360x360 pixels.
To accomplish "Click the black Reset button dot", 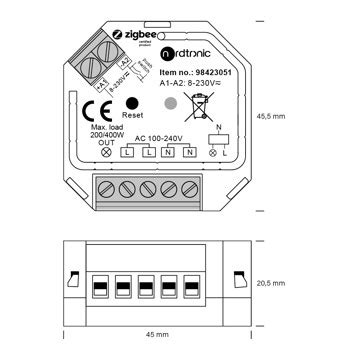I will (x=132, y=103).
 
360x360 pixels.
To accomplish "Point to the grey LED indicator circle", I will (x=171, y=103).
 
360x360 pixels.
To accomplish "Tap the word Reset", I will (x=131, y=116).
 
